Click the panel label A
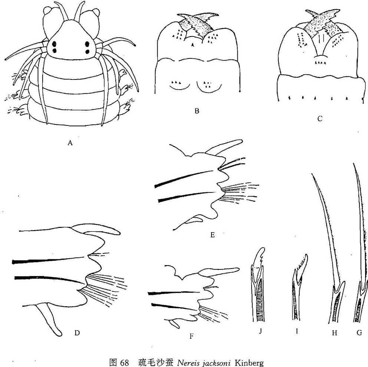pos(70,143)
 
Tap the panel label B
pos(197,111)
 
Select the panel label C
pos(320,118)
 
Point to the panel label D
pos(77,333)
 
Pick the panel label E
pos(213,235)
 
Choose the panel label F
pos(191,337)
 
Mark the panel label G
pos(359,332)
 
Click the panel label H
pos(335,333)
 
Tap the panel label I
pos(297,331)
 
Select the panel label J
pos(260,331)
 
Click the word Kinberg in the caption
pos(249,363)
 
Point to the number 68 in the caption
pos(124,363)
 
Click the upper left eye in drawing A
pos(55,44)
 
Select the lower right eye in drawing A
pos(88,52)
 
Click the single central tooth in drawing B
pos(193,46)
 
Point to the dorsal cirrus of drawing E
pos(224,147)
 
